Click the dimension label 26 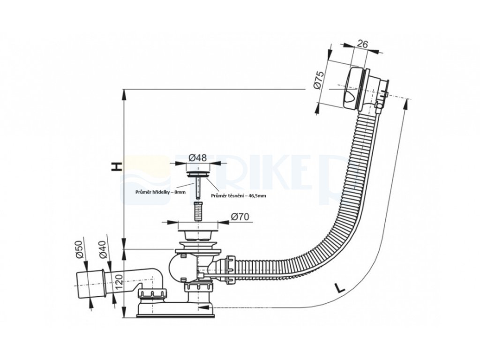[x=362, y=44]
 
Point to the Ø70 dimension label [x=240, y=217]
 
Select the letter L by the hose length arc [x=340, y=288]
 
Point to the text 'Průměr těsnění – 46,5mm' [x=238, y=195]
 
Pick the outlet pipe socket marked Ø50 [x=89, y=283]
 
